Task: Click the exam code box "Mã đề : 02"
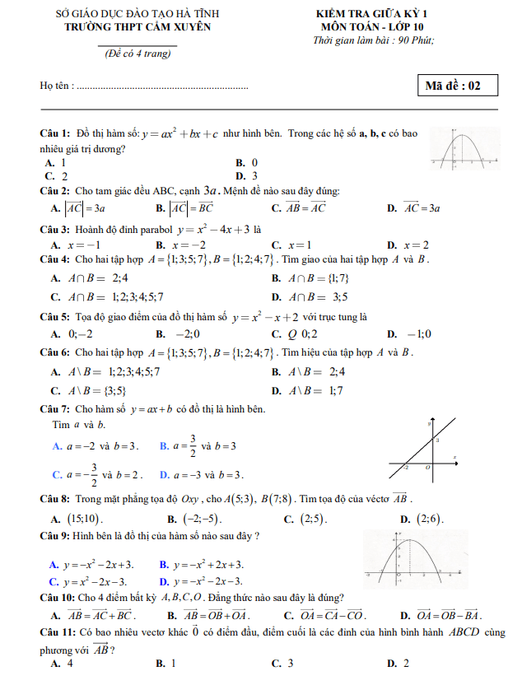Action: [x=458, y=85]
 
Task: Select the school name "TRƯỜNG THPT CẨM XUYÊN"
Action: [x=137, y=26]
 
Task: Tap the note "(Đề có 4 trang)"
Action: [x=137, y=54]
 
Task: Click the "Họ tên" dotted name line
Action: [x=161, y=86]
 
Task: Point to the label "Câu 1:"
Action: [x=54, y=133]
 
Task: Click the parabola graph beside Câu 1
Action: [x=464, y=151]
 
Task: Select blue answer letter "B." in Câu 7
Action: [x=165, y=446]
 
